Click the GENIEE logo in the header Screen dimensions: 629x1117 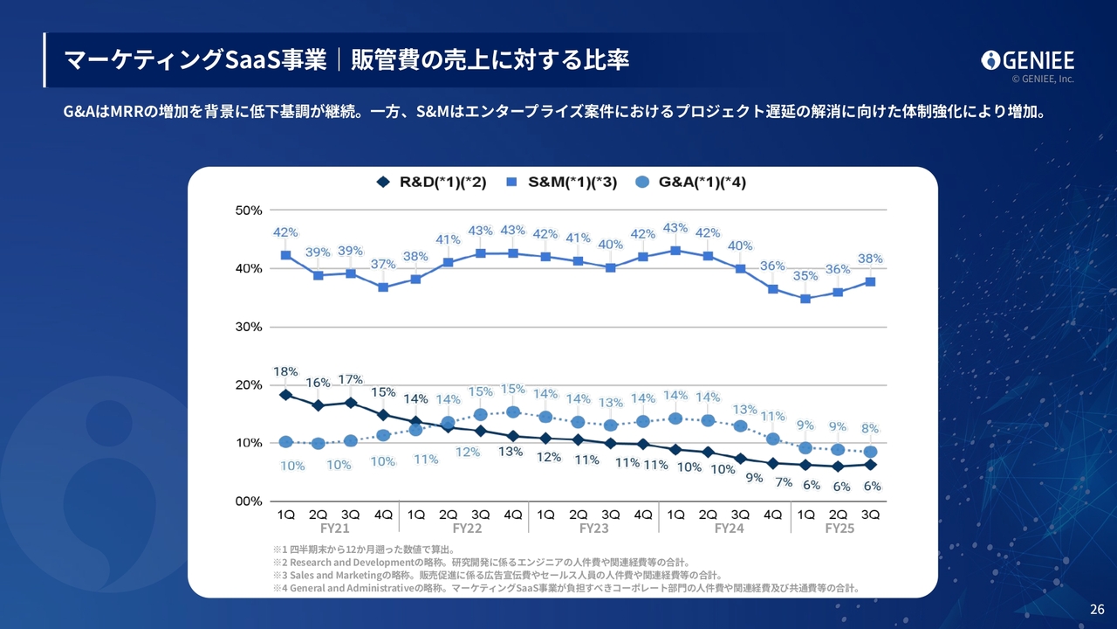tap(1027, 59)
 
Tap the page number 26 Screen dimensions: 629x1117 tap(1097, 609)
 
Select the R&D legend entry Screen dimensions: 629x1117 tap(431, 183)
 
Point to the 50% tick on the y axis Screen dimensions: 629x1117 tap(250, 211)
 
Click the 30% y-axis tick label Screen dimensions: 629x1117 tap(250, 327)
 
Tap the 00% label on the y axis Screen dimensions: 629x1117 tap(250, 501)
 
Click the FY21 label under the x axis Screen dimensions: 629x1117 tap(334, 529)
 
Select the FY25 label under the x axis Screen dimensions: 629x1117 tap(839, 529)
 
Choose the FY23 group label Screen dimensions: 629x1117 tap(593, 529)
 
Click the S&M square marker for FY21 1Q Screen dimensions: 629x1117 tap(285, 255)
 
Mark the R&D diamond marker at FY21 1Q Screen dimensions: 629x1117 tap(285, 395)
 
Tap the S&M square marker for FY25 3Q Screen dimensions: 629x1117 tap(870, 281)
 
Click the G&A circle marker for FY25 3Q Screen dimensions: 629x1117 tap(870, 452)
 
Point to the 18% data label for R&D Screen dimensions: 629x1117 tap(285, 372)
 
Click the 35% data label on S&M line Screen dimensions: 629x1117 tap(805, 276)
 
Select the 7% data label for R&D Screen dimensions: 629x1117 tap(783, 482)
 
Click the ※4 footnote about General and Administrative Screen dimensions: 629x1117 tap(565, 588)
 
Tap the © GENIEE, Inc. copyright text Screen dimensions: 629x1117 tap(1043, 79)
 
